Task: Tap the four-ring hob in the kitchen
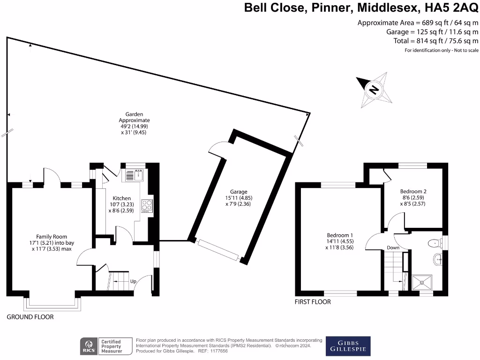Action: pyautogui.click(x=147, y=205)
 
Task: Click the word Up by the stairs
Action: pyautogui.click(x=133, y=282)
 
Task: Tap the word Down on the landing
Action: pyautogui.click(x=393, y=247)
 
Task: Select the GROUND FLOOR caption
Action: pyautogui.click(x=30, y=317)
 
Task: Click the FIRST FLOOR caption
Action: pyautogui.click(x=313, y=302)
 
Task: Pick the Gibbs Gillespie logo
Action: pyautogui.click(x=348, y=346)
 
